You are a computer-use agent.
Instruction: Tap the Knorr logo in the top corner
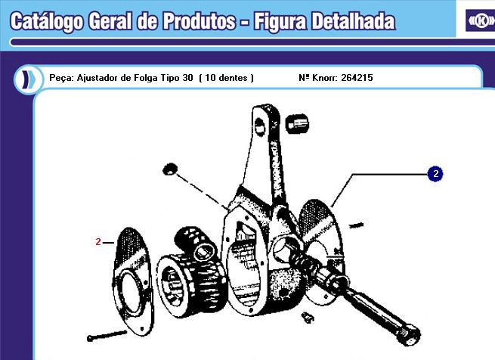tap(480, 20)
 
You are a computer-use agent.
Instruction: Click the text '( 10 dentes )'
tap(226, 78)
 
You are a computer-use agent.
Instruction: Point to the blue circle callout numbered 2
tap(435, 174)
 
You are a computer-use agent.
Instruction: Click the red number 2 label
tap(98, 242)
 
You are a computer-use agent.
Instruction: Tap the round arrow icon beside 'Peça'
tap(26, 78)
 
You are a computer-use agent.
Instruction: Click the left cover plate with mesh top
tap(130, 280)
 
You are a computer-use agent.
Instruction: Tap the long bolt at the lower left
tap(106, 335)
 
